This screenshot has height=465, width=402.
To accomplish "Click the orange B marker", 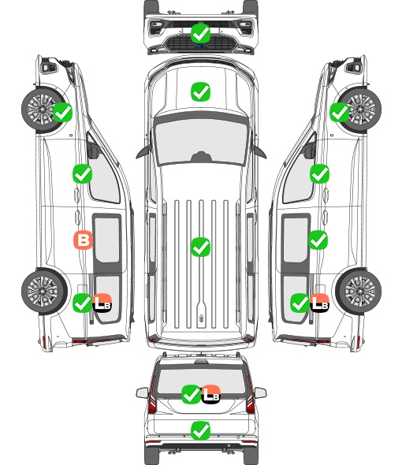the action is pyautogui.click(x=83, y=240).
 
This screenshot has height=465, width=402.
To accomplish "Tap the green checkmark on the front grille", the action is pyautogui.click(x=200, y=34).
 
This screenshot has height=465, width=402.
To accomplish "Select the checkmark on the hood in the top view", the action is pyautogui.click(x=200, y=91).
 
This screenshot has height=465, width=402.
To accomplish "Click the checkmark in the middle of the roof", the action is pyautogui.click(x=200, y=247).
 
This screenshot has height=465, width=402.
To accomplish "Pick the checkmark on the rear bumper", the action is pyautogui.click(x=200, y=430).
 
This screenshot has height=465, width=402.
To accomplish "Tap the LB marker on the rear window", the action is pyautogui.click(x=210, y=394).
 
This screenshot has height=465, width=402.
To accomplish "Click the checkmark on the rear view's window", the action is pyautogui.click(x=191, y=394).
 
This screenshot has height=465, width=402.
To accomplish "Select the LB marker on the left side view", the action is pyautogui.click(x=102, y=303).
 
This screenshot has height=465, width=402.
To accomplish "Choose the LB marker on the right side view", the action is pyautogui.click(x=319, y=303).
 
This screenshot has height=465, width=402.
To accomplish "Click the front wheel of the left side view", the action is pyautogui.click(x=44, y=109).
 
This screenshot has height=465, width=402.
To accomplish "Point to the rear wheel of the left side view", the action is pyautogui.click(x=44, y=291).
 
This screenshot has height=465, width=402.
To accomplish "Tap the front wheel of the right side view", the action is pyautogui.click(x=359, y=109).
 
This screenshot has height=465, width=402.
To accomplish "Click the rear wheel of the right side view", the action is pyautogui.click(x=359, y=291).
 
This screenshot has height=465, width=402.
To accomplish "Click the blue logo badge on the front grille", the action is pyautogui.click(x=200, y=46).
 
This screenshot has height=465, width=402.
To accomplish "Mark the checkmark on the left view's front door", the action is pyautogui.click(x=83, y=173).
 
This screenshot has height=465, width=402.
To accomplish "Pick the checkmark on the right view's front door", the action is pyautogui.click(x=319, y=173).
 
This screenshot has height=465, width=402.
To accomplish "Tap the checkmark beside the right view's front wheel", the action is pyautogui.click(x=340, y=112).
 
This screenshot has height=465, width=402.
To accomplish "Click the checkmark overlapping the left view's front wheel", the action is pyautogui.click(x=62, y=112).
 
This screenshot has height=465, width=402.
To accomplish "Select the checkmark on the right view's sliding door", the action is pyautogui.click(x=318, y=240).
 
